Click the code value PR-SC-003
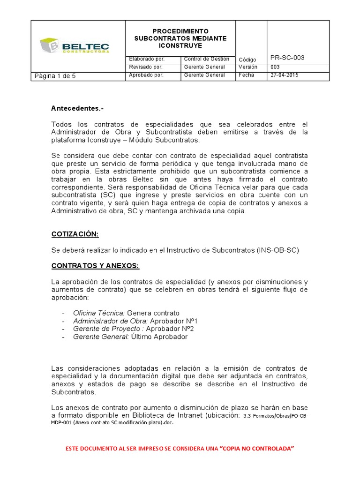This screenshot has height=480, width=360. [287, 58]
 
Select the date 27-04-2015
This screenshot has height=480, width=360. [285, 75]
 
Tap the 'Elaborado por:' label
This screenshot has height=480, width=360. [146, 59]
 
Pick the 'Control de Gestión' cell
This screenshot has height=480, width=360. [207, 59]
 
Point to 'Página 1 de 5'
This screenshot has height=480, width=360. [55, 76]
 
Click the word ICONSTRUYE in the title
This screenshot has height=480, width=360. [180, 45]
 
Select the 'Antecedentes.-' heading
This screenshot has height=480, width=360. [77, 109]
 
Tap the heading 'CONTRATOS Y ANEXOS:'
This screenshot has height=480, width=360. [95, 266]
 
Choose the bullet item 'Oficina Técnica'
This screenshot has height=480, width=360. [98, 313]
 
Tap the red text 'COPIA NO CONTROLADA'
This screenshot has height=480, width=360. [258, 449]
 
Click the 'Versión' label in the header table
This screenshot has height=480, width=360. [248, 67]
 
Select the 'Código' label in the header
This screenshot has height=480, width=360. [247, 60]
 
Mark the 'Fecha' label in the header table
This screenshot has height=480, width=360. [246, 75]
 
